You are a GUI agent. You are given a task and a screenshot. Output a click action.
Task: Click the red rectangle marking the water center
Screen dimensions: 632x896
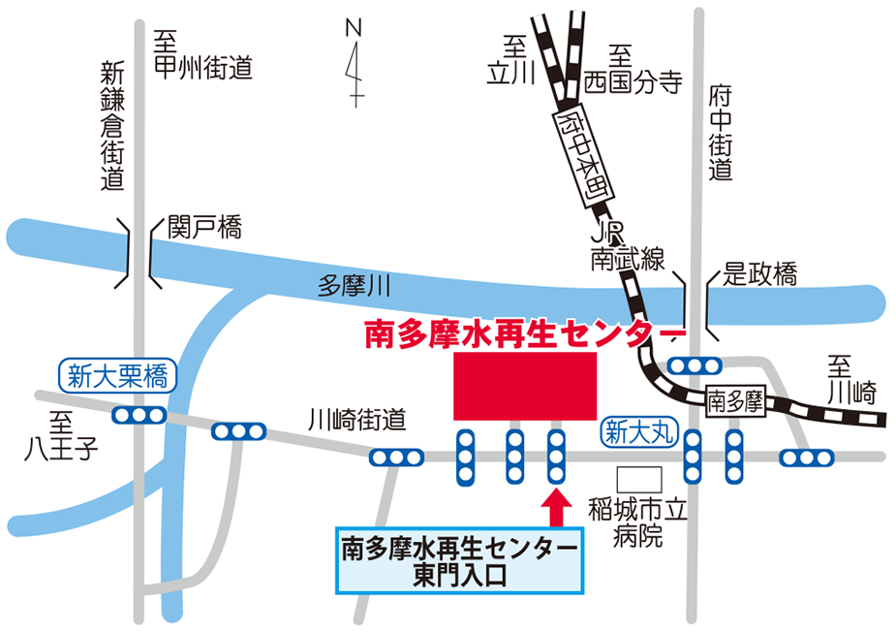[x=525, y=386]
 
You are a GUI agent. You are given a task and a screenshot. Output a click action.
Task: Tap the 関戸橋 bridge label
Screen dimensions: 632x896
[x=203, y=229]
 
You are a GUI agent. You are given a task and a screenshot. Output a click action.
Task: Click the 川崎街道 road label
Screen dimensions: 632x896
[x=355, y=420]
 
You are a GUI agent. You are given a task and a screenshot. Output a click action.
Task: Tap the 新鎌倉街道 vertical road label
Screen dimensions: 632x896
[x=113, y=126]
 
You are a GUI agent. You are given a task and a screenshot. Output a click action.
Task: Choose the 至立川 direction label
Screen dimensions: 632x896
[x=511, y=60]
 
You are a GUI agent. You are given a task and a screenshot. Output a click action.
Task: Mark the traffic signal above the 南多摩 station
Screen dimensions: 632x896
[x=695, y=365]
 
